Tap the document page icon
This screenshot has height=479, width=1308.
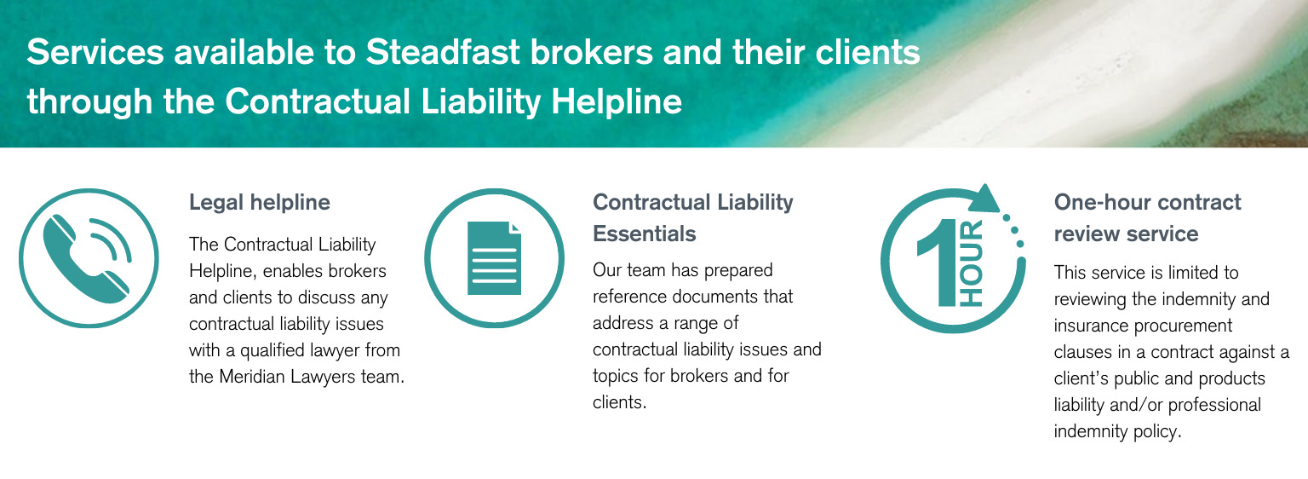pos(494,258)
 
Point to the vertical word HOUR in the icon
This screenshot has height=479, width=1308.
pos(972,263)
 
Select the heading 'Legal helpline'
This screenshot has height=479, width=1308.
pos(259,202)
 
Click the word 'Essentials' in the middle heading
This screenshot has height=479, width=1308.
pos(644,234)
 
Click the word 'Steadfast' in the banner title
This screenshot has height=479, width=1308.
pos(443,52)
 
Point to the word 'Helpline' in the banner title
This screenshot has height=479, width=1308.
pos(617,101)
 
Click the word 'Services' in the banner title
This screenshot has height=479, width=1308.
pos(95,52)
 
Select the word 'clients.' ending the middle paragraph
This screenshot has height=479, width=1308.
pos(620,402)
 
